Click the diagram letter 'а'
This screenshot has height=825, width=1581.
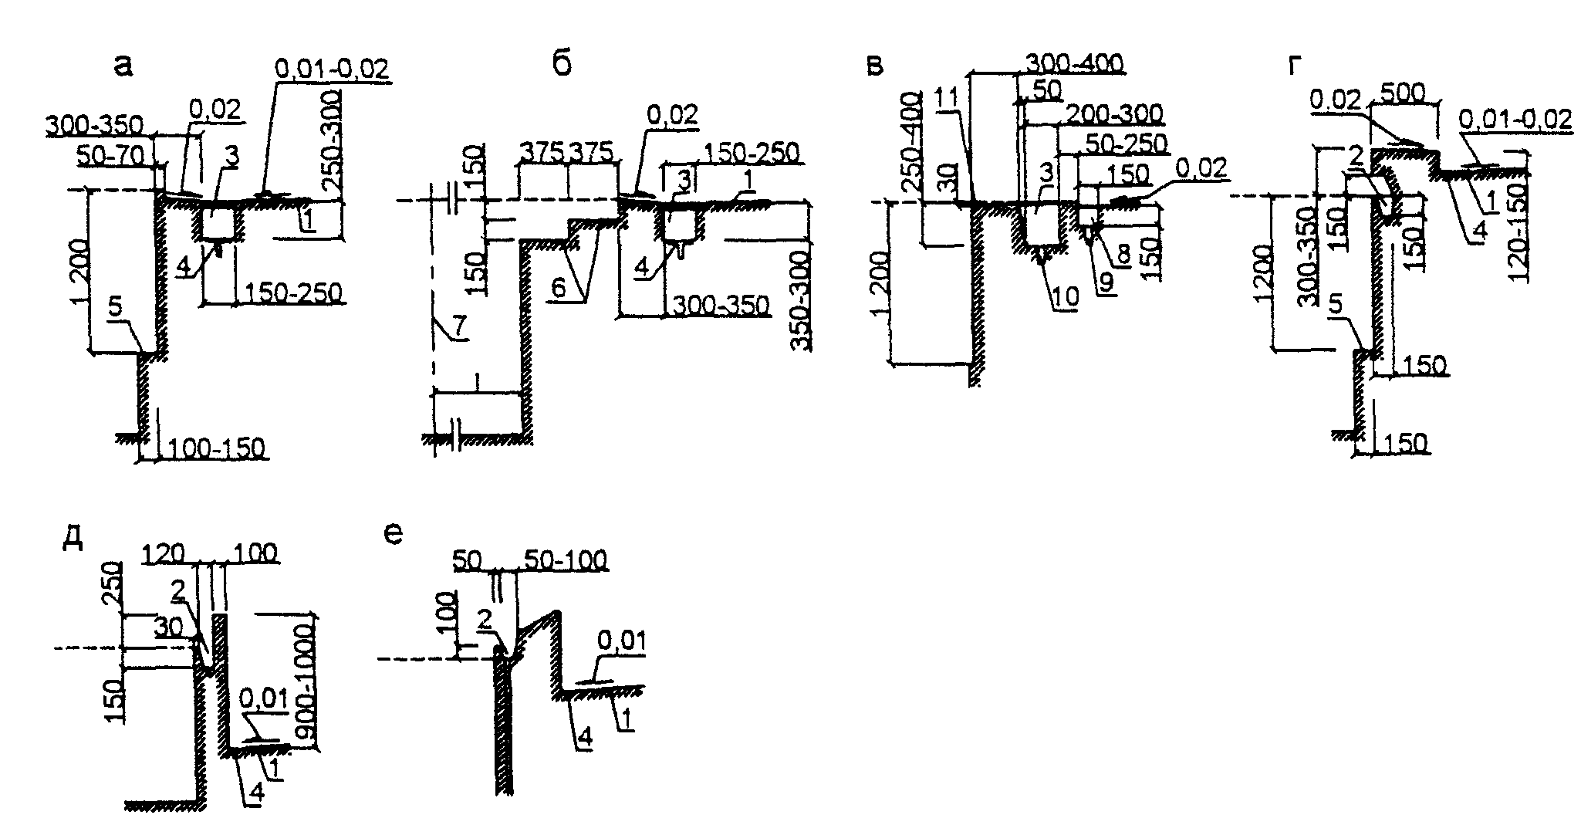click(123, 66)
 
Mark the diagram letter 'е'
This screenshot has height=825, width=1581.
click(394, 533)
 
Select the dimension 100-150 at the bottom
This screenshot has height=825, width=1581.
click(215, 448)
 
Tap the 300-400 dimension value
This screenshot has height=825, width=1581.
click(1073, 63)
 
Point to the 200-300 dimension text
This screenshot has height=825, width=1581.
click(1112, 114)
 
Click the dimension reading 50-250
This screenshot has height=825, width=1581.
click(1127, 144)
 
